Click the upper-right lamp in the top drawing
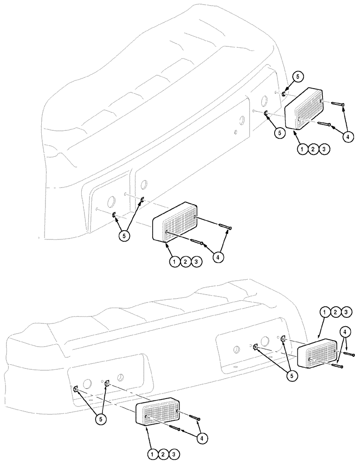(305, 110)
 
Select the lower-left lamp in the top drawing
(175, 222)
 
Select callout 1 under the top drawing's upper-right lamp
(302, 149)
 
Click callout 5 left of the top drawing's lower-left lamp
(124, 235)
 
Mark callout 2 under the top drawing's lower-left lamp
(185, 262)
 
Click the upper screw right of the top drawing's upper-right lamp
(338, 104)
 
